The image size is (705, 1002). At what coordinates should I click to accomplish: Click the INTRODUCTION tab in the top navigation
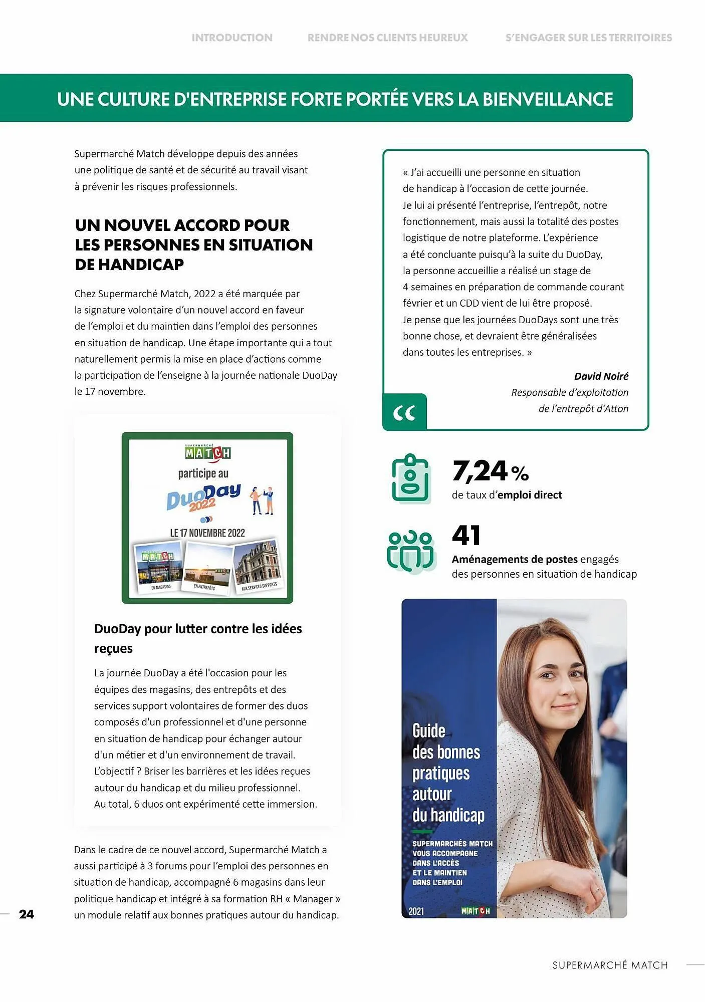point(232,38)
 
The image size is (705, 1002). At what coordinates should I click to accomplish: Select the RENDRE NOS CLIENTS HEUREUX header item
point(387,38)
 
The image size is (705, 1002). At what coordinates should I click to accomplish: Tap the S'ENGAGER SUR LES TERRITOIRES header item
point(588,38)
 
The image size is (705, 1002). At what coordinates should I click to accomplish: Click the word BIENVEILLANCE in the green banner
point(548,99)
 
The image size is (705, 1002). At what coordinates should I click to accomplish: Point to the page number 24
point(27,914)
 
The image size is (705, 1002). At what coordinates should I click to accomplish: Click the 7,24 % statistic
point(490,471)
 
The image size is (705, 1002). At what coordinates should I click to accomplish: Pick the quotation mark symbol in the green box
point(404,413)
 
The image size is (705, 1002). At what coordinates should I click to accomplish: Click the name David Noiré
point(601,376)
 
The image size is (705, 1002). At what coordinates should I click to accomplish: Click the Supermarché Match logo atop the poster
point(207,452)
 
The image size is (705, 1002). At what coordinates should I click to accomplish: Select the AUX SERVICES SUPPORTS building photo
point(258,565)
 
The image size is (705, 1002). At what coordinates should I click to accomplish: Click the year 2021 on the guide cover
point(416,911)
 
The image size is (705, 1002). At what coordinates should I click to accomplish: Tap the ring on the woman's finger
point(596,890)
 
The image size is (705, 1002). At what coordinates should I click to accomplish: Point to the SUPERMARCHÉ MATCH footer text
point(610,965)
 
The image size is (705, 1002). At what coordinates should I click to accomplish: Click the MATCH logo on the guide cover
point(475,911)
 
